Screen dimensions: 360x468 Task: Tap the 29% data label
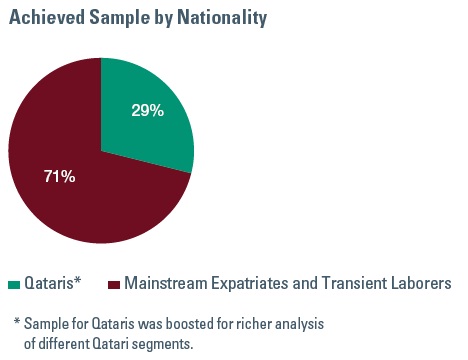(147, 110)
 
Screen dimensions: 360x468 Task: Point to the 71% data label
(59, 177)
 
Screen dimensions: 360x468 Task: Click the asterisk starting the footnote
(17, 323)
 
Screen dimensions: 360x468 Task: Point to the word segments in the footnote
(165, 344)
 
